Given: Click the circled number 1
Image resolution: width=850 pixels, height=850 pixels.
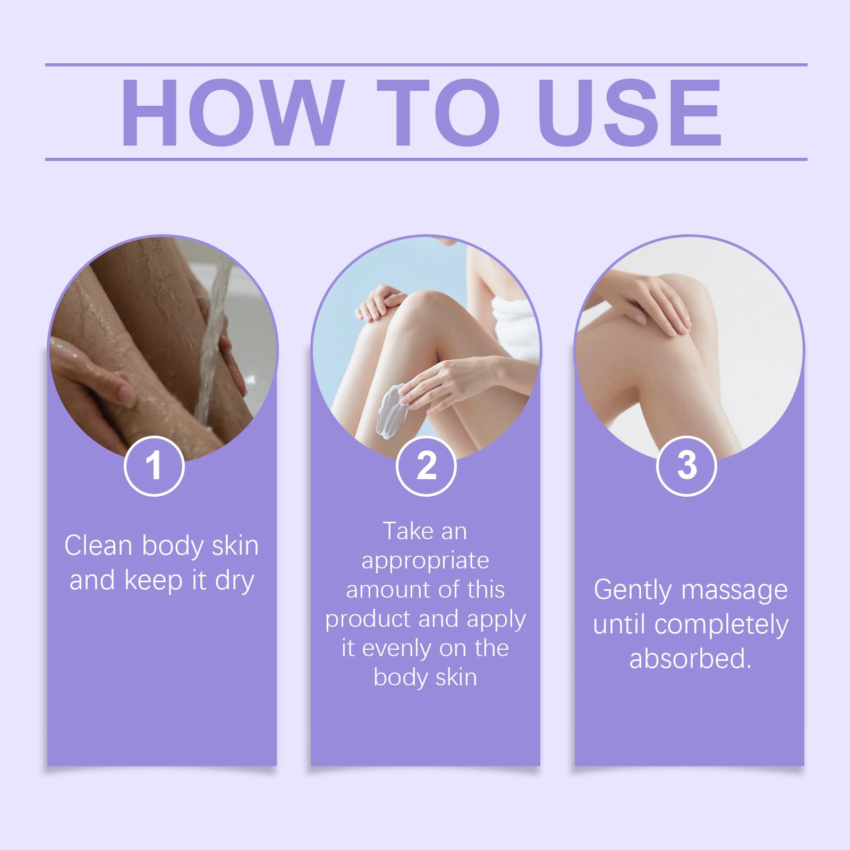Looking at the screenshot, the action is point(154,466).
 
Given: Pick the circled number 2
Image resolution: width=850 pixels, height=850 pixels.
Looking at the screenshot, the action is point(426,466).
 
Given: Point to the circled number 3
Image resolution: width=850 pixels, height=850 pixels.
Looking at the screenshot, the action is point(687,466).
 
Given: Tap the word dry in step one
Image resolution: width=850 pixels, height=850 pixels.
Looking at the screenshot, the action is point(234,581).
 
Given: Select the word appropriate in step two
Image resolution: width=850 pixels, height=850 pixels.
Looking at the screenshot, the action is point(425,562).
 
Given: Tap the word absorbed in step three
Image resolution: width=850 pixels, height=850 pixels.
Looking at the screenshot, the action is point(690,659).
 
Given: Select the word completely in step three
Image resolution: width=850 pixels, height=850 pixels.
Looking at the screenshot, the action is point(721,626).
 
